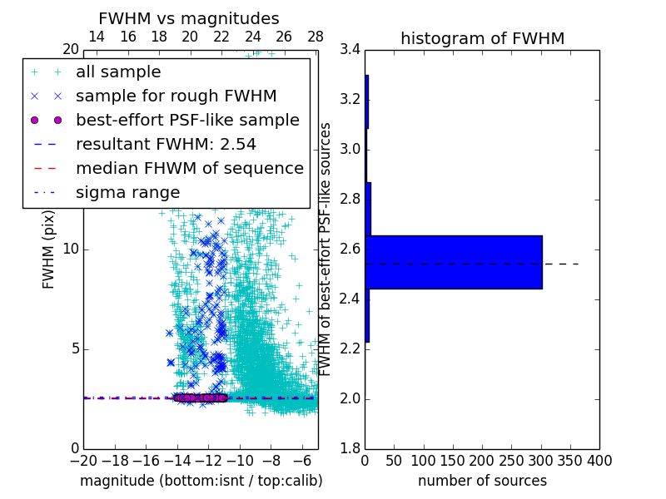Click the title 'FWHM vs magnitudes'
point(188,18)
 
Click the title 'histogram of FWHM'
point(482,38)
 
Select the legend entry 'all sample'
point(118,72)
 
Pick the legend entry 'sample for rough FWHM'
point(176,96)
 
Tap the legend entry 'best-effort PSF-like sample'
point(187,121)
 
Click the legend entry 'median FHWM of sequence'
point(189,168)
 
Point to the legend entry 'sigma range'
point(127,192)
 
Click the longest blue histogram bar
point(454,262)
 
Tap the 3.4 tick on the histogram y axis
point(350,50)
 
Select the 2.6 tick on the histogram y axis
point(350,249)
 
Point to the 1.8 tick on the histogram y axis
point(350,449)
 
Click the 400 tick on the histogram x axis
point(599,460)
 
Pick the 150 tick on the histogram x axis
point(453,460)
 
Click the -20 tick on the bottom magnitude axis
point(83,460)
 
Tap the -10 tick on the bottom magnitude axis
point(240,460)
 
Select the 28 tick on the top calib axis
point(316,37)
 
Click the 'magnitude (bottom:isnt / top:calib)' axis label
point(201,481)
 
